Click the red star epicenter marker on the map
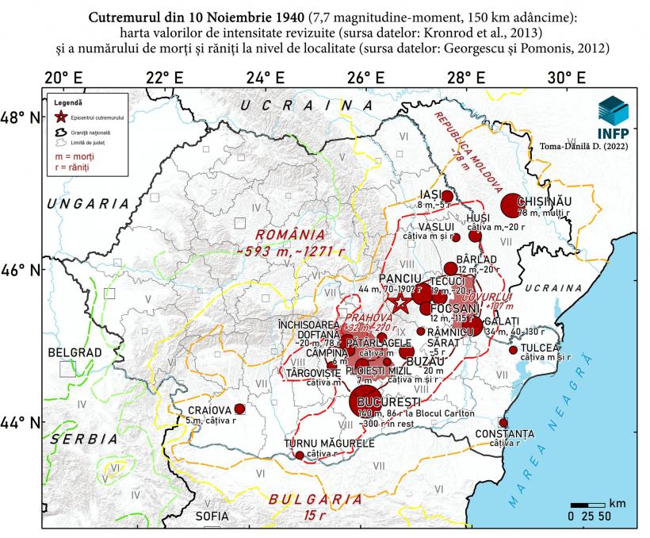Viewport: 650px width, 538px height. pos(401,302)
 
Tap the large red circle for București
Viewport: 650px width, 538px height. pos(365,401)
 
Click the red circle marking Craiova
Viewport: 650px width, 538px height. pos(239,409)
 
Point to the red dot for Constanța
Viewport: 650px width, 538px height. pos(503,423)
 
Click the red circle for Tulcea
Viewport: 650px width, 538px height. pos(513,350)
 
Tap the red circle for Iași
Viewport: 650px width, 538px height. pos(447,196)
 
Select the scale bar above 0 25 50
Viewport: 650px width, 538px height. pos(586,505)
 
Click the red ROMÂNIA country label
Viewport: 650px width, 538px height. pos(290,234)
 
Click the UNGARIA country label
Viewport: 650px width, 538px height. pos(88,204)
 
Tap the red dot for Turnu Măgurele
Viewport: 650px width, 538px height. pos(300,455)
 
